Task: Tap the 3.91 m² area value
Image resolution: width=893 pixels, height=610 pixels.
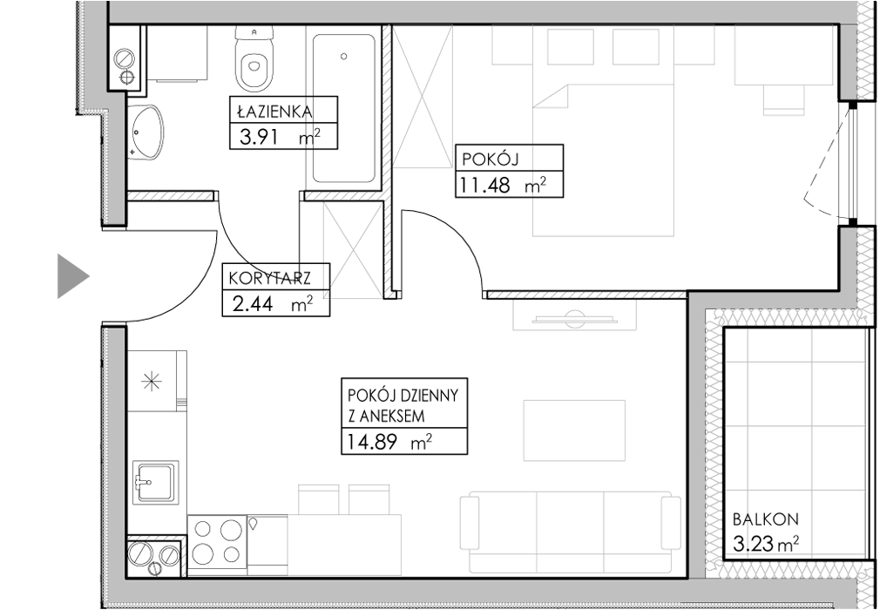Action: coord(280,138)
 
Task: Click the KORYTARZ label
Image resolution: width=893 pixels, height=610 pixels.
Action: coord(269,279)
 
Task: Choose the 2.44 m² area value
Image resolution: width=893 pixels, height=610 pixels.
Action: coord(273,305)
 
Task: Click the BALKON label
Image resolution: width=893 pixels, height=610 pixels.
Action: coord(766,519)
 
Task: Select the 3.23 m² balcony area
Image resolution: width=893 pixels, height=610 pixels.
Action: coord(766,545)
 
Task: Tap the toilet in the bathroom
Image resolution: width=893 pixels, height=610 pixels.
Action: coord(254,60)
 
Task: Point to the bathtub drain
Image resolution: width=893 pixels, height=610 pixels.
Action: coord(343,57)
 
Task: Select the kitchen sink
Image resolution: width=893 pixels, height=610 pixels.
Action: coord(153,483)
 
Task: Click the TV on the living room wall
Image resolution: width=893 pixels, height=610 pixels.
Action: coord(575,319)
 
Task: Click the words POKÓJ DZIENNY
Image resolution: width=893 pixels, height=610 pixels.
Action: coord(403,396)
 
